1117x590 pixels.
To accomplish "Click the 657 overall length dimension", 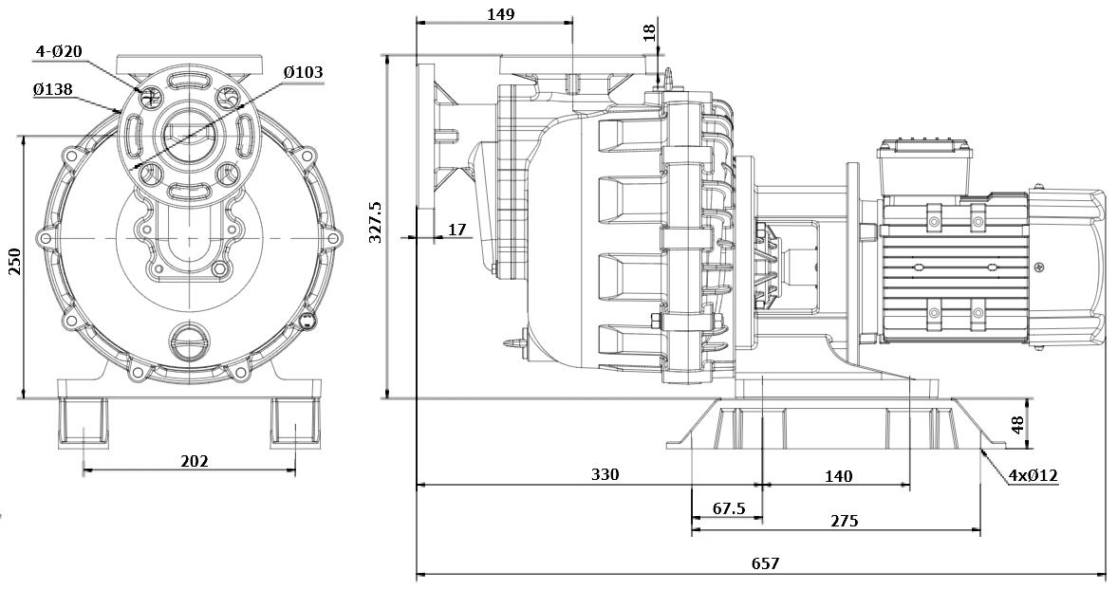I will point(765,563).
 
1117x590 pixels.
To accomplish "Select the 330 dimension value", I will point(605,474).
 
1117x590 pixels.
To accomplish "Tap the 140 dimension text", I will point(838,475).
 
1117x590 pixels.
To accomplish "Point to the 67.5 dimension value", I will point(729,509).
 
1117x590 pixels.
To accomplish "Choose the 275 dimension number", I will point(844,521).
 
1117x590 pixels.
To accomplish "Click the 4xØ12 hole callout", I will point(1033,475).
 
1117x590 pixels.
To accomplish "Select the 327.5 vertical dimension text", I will point(375,222).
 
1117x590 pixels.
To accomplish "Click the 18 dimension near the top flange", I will point(649,32).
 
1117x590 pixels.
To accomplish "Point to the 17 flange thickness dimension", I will point(456,229).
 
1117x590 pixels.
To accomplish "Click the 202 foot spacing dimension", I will point(194,461).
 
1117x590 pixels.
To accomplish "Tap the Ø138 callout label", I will point(53,89).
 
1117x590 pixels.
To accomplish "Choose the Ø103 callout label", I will point(303,72).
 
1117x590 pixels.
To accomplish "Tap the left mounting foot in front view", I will point(84,422).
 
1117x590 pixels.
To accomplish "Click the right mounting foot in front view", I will point(295,422).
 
